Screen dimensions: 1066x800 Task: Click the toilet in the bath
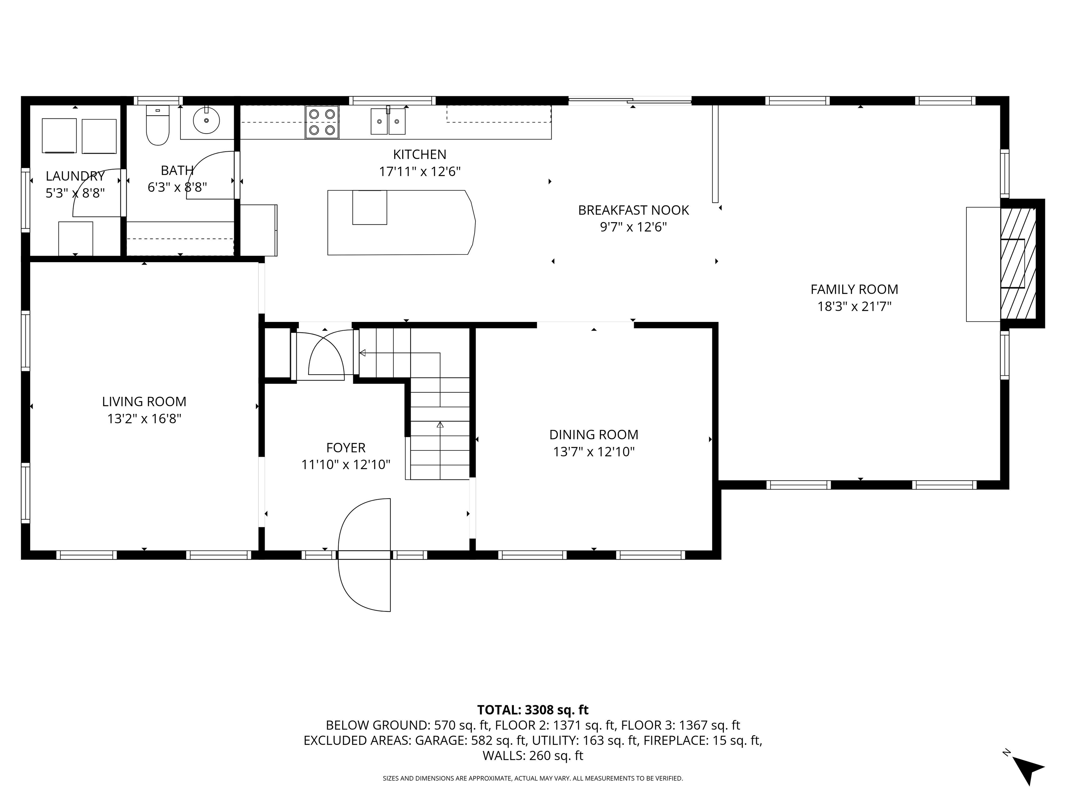pos(158,125)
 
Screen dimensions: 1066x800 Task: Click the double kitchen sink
pos(388,121)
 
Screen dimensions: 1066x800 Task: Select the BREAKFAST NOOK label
pos(633,210)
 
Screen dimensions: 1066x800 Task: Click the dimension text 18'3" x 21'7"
pos(854,306)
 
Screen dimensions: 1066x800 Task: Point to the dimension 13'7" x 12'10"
pos(594,452)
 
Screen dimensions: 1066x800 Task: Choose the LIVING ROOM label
pos(144,402)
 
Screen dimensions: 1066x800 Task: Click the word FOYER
pos(346,448)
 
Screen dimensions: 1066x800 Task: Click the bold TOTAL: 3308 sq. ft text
pos(533,710)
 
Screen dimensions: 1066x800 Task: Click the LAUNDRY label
pos(75,176)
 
